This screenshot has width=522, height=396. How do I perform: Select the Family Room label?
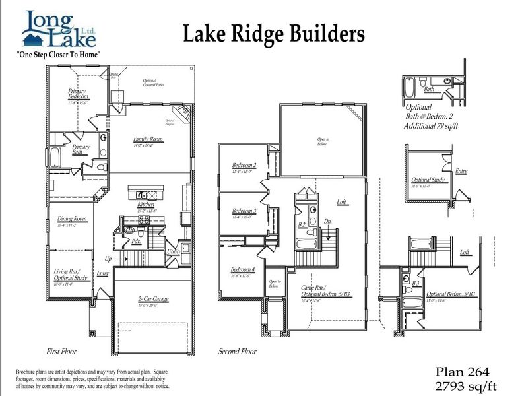pos(148,139)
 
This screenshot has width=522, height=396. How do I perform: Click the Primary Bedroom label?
pos(79,94)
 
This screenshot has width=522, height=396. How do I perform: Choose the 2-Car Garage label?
pos(152,299)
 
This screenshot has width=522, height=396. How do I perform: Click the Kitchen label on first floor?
pos(146,205)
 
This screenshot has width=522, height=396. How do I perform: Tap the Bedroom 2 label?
pos(244,165)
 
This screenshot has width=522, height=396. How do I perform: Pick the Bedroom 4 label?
pos(243,269)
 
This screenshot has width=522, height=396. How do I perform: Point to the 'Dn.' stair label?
pos(328,221)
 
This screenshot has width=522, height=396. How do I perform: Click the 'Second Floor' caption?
pos(237,352)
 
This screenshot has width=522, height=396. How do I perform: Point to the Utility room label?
pos(174,252)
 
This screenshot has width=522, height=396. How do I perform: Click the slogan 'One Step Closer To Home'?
pos(58,54)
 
